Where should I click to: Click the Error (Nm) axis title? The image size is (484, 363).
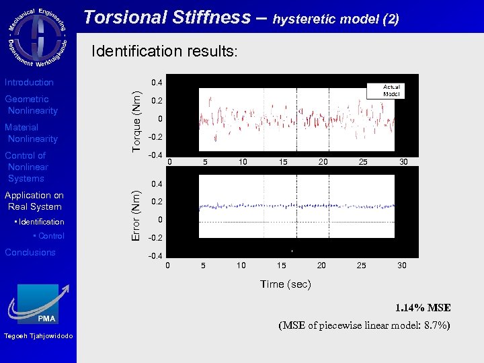136,214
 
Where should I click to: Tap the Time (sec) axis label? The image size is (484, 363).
286,284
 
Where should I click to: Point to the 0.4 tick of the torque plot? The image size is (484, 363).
157,83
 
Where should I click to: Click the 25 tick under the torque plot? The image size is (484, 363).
363,162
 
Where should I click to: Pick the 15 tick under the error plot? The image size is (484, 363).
282,266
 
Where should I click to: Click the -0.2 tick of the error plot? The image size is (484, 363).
155,238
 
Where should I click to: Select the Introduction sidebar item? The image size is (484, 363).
30,83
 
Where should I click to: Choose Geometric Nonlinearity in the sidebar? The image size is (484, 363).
32,105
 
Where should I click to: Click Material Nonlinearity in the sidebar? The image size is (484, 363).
32,133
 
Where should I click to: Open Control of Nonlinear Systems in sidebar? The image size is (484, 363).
27,167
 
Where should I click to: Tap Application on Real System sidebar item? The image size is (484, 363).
34,201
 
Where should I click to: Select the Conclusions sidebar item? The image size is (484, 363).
30,253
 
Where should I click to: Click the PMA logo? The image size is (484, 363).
38,305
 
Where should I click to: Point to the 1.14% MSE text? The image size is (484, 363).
423,308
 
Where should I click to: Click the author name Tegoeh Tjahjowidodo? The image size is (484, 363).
38,336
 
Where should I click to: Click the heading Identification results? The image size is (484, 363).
164,51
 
